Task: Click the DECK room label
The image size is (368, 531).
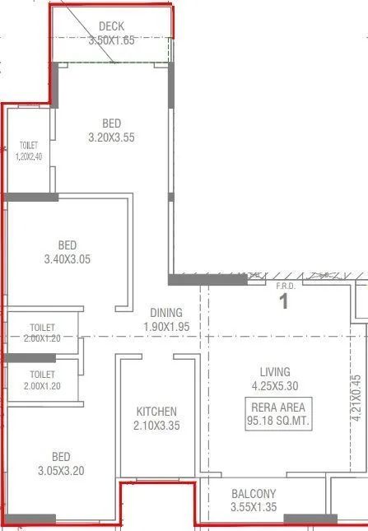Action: [x=112, y=27]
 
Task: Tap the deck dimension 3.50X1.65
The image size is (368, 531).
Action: [x=112, y=40]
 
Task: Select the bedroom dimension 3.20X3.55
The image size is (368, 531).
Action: [x=111, y=138]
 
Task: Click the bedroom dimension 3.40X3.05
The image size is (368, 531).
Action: [x=68, y=259]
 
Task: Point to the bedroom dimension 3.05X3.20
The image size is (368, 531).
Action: [x=61, y=471]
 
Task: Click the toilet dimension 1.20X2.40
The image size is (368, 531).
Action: [x=29, y=156]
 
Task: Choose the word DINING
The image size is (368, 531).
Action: [x=166, y=313]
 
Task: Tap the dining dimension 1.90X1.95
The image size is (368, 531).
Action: [x=166, y=326]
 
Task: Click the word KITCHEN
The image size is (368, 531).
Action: [x=156, y=412]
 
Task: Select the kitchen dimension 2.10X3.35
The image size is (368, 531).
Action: [x=156, y=426]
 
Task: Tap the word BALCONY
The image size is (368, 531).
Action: [x=254, y=494]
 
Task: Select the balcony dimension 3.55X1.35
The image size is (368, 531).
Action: [x=254, y=507]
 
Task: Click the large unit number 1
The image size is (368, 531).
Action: [x=284, y=301]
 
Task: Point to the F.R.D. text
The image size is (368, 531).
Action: [x=284, y=286]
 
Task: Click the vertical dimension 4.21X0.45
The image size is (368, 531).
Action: [x=355, y=398]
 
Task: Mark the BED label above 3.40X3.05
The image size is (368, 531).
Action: [x=68, y=245]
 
